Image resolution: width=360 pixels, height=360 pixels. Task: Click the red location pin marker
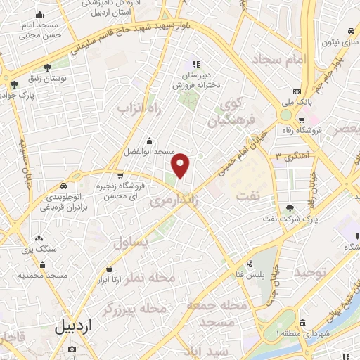181,166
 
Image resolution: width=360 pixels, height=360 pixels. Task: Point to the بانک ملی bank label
297,102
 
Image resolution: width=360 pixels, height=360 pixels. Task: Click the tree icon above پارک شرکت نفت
290,208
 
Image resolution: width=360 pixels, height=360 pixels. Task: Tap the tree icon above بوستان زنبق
47,69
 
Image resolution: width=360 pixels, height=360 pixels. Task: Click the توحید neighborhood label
311,271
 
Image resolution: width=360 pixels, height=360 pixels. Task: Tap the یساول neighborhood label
130,244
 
